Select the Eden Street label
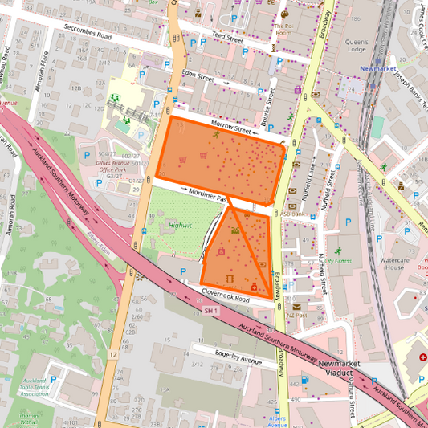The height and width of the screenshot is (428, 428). [198, 78]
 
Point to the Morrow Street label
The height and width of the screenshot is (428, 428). [232, 125]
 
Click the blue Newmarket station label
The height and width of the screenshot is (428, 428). [380, 69]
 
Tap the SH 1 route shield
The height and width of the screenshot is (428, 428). [210, 310]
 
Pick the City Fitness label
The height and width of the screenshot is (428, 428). [338, 261]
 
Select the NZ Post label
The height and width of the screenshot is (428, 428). [296, 316]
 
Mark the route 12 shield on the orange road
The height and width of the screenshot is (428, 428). [114, 354]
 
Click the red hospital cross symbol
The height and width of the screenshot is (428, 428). [423, 356]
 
